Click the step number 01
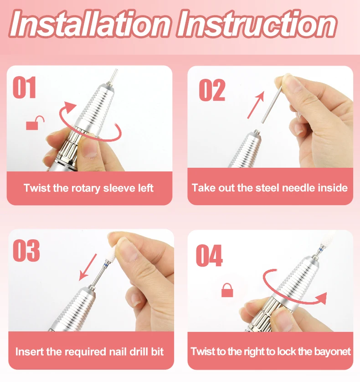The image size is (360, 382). click(x=24, y=87)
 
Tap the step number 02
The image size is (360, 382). click(x=212, y=90)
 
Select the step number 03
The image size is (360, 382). click(x=26, y=250)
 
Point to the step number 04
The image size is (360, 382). click(x=209, y=256)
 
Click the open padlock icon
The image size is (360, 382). click(x=35, y=123)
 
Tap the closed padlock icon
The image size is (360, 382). click(x=227, y=290)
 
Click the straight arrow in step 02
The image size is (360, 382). click(x=256, y=105)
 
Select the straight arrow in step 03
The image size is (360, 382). click(x=88, y=267)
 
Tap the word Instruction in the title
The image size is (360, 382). click(x=257, y=24)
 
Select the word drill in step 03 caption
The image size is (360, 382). click(x=138, y=352)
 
